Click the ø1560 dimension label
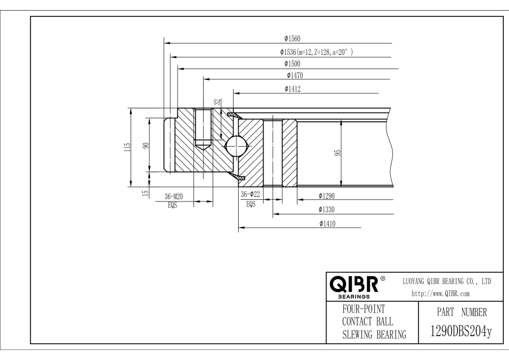[x=292, y=39]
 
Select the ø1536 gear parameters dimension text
[x=316, y=52]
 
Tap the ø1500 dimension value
[x=292, y=64]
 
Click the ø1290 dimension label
[x=327, y=196]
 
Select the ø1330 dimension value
[x=327, y=210]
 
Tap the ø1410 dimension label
[x=327, y=224]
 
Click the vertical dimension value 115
[x=128, y=147]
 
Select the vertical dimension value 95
[x=337, y=153]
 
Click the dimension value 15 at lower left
[x=145, y=193]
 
